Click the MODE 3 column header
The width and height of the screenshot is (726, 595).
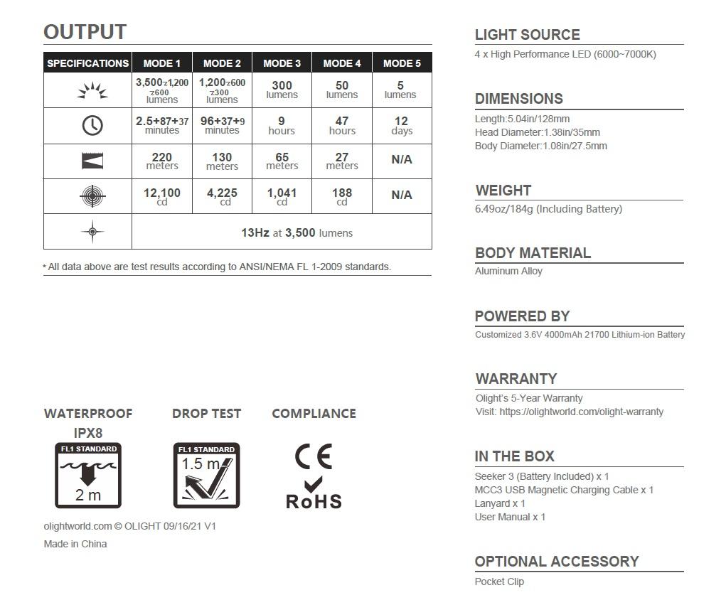tap(282, 63)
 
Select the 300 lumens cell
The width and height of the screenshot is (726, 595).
tap(282, 90)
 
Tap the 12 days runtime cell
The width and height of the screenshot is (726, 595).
tap(401, 126)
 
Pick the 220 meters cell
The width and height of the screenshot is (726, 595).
tap(161, 161)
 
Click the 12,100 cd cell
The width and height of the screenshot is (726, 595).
tap(161, 196)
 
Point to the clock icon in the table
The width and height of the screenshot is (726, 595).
tap(92, 126)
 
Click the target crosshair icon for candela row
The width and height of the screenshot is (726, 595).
tap(92, 196)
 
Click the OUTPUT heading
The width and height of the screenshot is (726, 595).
tap(85, 32)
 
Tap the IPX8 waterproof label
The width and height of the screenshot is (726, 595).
tap(88, 432)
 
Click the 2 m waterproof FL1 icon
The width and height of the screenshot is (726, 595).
tap(88, 475)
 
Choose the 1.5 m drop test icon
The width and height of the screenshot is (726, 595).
tap(206, 475)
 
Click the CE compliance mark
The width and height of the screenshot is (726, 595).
tap(314, 456)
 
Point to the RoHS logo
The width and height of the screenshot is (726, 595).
tap(314, 495)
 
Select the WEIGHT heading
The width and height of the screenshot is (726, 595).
tap(503, 191)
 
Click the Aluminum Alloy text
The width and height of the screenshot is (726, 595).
tap(508, 271)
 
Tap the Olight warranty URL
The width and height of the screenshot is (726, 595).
tap(581, 412)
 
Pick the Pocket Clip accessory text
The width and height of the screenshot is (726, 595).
tap(499, 581)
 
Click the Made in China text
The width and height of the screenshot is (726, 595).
tap(75, 544)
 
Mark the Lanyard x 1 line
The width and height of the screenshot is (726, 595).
tap(500, 503)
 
